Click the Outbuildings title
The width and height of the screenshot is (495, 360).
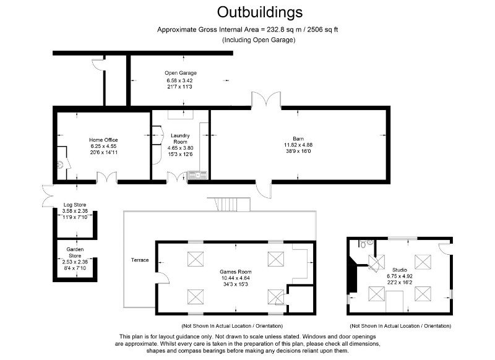(259, 12)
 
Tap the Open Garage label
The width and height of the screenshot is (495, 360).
(181, 73)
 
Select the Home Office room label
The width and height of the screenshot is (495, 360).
(103, 140)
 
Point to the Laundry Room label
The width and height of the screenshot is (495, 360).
(180, 139)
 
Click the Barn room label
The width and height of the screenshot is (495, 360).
(298, 139)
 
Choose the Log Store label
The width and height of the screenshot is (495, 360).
(75, 205)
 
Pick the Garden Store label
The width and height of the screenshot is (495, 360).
(75, 252)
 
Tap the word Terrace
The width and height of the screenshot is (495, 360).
(140, 260)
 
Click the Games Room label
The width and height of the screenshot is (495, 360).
(236, 272)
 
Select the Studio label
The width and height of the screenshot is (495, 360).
(400, 270)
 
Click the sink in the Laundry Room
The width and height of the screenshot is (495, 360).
(197, 174)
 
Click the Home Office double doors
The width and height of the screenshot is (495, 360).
(106, 178)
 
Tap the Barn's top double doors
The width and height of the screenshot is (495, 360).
(266, 99)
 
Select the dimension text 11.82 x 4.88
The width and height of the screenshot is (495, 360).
(298, 145)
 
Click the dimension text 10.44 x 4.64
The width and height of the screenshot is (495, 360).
(236, 278)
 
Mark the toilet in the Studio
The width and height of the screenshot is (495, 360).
(363, 244)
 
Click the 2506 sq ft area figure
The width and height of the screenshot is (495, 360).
(322, 30)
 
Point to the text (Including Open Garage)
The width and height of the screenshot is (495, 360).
(259, 40)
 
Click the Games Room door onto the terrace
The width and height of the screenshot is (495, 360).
(163, 278)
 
